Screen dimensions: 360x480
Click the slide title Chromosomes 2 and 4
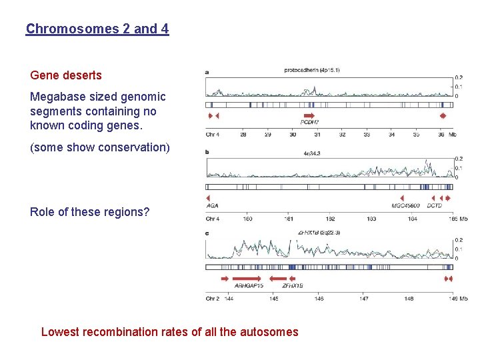[x=97, y=29]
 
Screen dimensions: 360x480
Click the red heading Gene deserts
[x=66, y=75]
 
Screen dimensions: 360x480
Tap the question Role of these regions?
[x=90, y=212]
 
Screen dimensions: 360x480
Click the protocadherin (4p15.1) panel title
[x=311, y=70]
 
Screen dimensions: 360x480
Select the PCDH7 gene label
[x=310, y=123]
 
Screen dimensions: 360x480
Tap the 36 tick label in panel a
[x=441, y=134]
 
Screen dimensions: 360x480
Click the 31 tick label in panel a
[x=317, y=134]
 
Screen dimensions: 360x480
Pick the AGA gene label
[x=213, y=206]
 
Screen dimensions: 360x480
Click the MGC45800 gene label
[x=405, y=206]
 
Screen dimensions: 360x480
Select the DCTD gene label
[x=434, y=206]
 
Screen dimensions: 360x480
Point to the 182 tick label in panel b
[x=330, y=219]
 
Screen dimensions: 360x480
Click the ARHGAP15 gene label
[x=249, y=286]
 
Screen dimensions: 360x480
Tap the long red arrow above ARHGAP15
[x=247, y=278]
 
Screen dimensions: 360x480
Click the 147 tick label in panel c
[x=364, y=299]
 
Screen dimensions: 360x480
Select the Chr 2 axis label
[x=213, y=299]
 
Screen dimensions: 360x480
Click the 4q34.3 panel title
[x=312, y=154]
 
